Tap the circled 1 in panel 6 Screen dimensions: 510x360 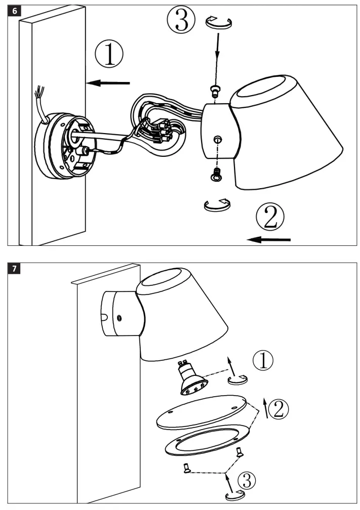point(109,55)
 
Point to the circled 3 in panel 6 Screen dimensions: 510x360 point(181,21)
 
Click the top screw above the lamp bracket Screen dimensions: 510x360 point(215,91)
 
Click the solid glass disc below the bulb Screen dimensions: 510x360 point(202,413)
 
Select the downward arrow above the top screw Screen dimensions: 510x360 point(218,53)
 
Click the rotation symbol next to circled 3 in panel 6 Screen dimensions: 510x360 point(218,22)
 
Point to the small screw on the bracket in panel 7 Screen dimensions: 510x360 point(118,317)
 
